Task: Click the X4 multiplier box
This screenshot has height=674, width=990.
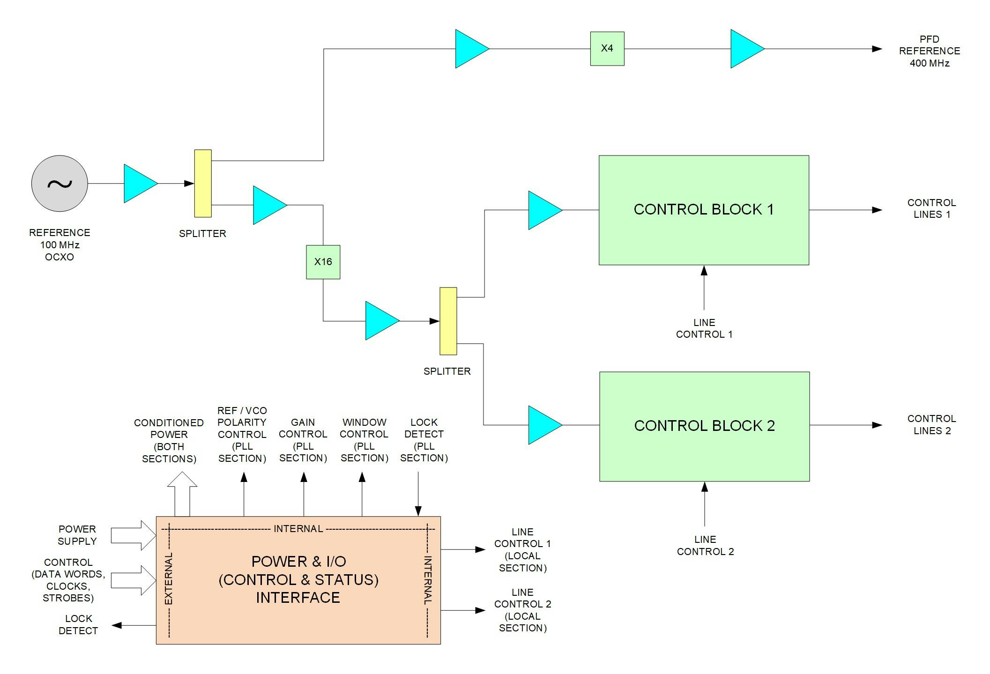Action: [607, 49]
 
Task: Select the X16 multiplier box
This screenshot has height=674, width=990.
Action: [323, 262]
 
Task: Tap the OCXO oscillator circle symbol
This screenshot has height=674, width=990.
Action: [60, 183]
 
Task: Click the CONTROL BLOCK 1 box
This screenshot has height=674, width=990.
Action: [703, 210]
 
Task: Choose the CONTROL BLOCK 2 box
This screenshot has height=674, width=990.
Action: [704, 426]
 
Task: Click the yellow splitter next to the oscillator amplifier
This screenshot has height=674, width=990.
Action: [203, 183]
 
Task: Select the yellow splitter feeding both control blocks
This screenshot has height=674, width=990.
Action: [448, 321]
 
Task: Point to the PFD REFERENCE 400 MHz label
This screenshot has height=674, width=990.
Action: [929, 51]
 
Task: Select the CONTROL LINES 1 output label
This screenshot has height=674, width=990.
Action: [931, 208]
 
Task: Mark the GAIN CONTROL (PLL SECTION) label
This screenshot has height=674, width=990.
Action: [303, 440]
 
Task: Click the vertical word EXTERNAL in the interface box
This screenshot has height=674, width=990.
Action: [169, 578]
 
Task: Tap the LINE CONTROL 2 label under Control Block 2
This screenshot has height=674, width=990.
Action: [705, 545]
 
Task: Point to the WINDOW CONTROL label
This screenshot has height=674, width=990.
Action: [364, 440]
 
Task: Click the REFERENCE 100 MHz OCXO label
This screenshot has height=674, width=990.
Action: [60, 244]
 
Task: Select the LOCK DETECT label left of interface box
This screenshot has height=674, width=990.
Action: [78, 624]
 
